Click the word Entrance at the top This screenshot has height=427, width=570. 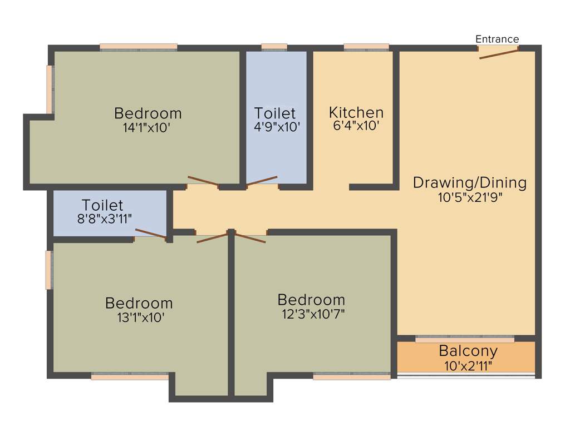(497, 39)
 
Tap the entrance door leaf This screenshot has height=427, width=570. (499, 53)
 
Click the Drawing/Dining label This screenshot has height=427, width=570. (470, 182)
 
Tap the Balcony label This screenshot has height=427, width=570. (468, 351)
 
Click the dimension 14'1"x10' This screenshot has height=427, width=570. (147, 127)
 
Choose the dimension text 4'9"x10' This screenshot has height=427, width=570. (277, 126)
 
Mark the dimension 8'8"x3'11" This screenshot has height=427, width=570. (105, 219)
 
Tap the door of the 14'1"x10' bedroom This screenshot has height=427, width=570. (203, 181)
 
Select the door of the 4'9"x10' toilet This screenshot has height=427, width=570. (262, 180)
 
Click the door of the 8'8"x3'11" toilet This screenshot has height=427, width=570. (150, 234)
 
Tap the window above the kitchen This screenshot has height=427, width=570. (366, 47)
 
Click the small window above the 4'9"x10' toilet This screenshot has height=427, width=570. (274, 47)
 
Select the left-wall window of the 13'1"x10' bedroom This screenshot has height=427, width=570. (49, 270)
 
